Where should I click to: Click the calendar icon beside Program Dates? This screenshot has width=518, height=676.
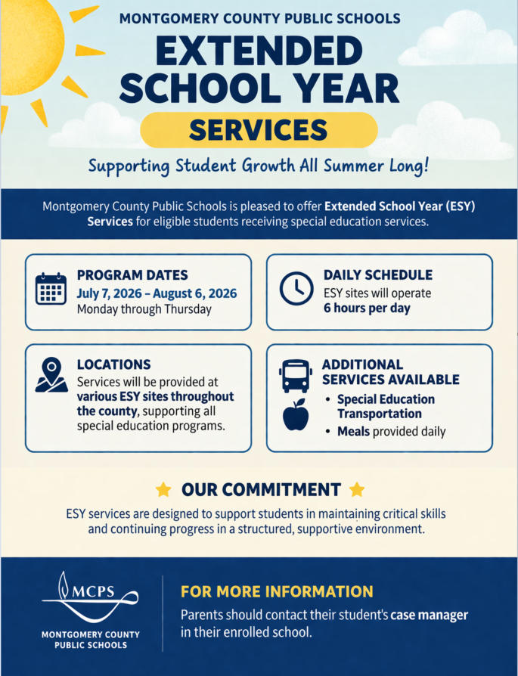pos(51,289)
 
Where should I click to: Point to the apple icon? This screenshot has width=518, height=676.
pos(296,415)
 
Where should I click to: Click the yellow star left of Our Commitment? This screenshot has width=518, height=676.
pos(163,490)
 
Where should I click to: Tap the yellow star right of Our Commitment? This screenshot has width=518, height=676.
pos(357,490)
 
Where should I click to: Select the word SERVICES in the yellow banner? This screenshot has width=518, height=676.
pos(259,130)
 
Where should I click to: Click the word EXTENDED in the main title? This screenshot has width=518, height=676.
pos(259,51)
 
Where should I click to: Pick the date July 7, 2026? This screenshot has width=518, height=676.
pos(112,293)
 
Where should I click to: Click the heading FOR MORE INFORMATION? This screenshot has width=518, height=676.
pos(277,591)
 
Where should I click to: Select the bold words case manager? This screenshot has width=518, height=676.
pos(429,615)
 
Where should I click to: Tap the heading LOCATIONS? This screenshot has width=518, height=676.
pos(114,364)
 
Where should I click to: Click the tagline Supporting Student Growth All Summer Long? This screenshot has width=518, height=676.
pos(259,165)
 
